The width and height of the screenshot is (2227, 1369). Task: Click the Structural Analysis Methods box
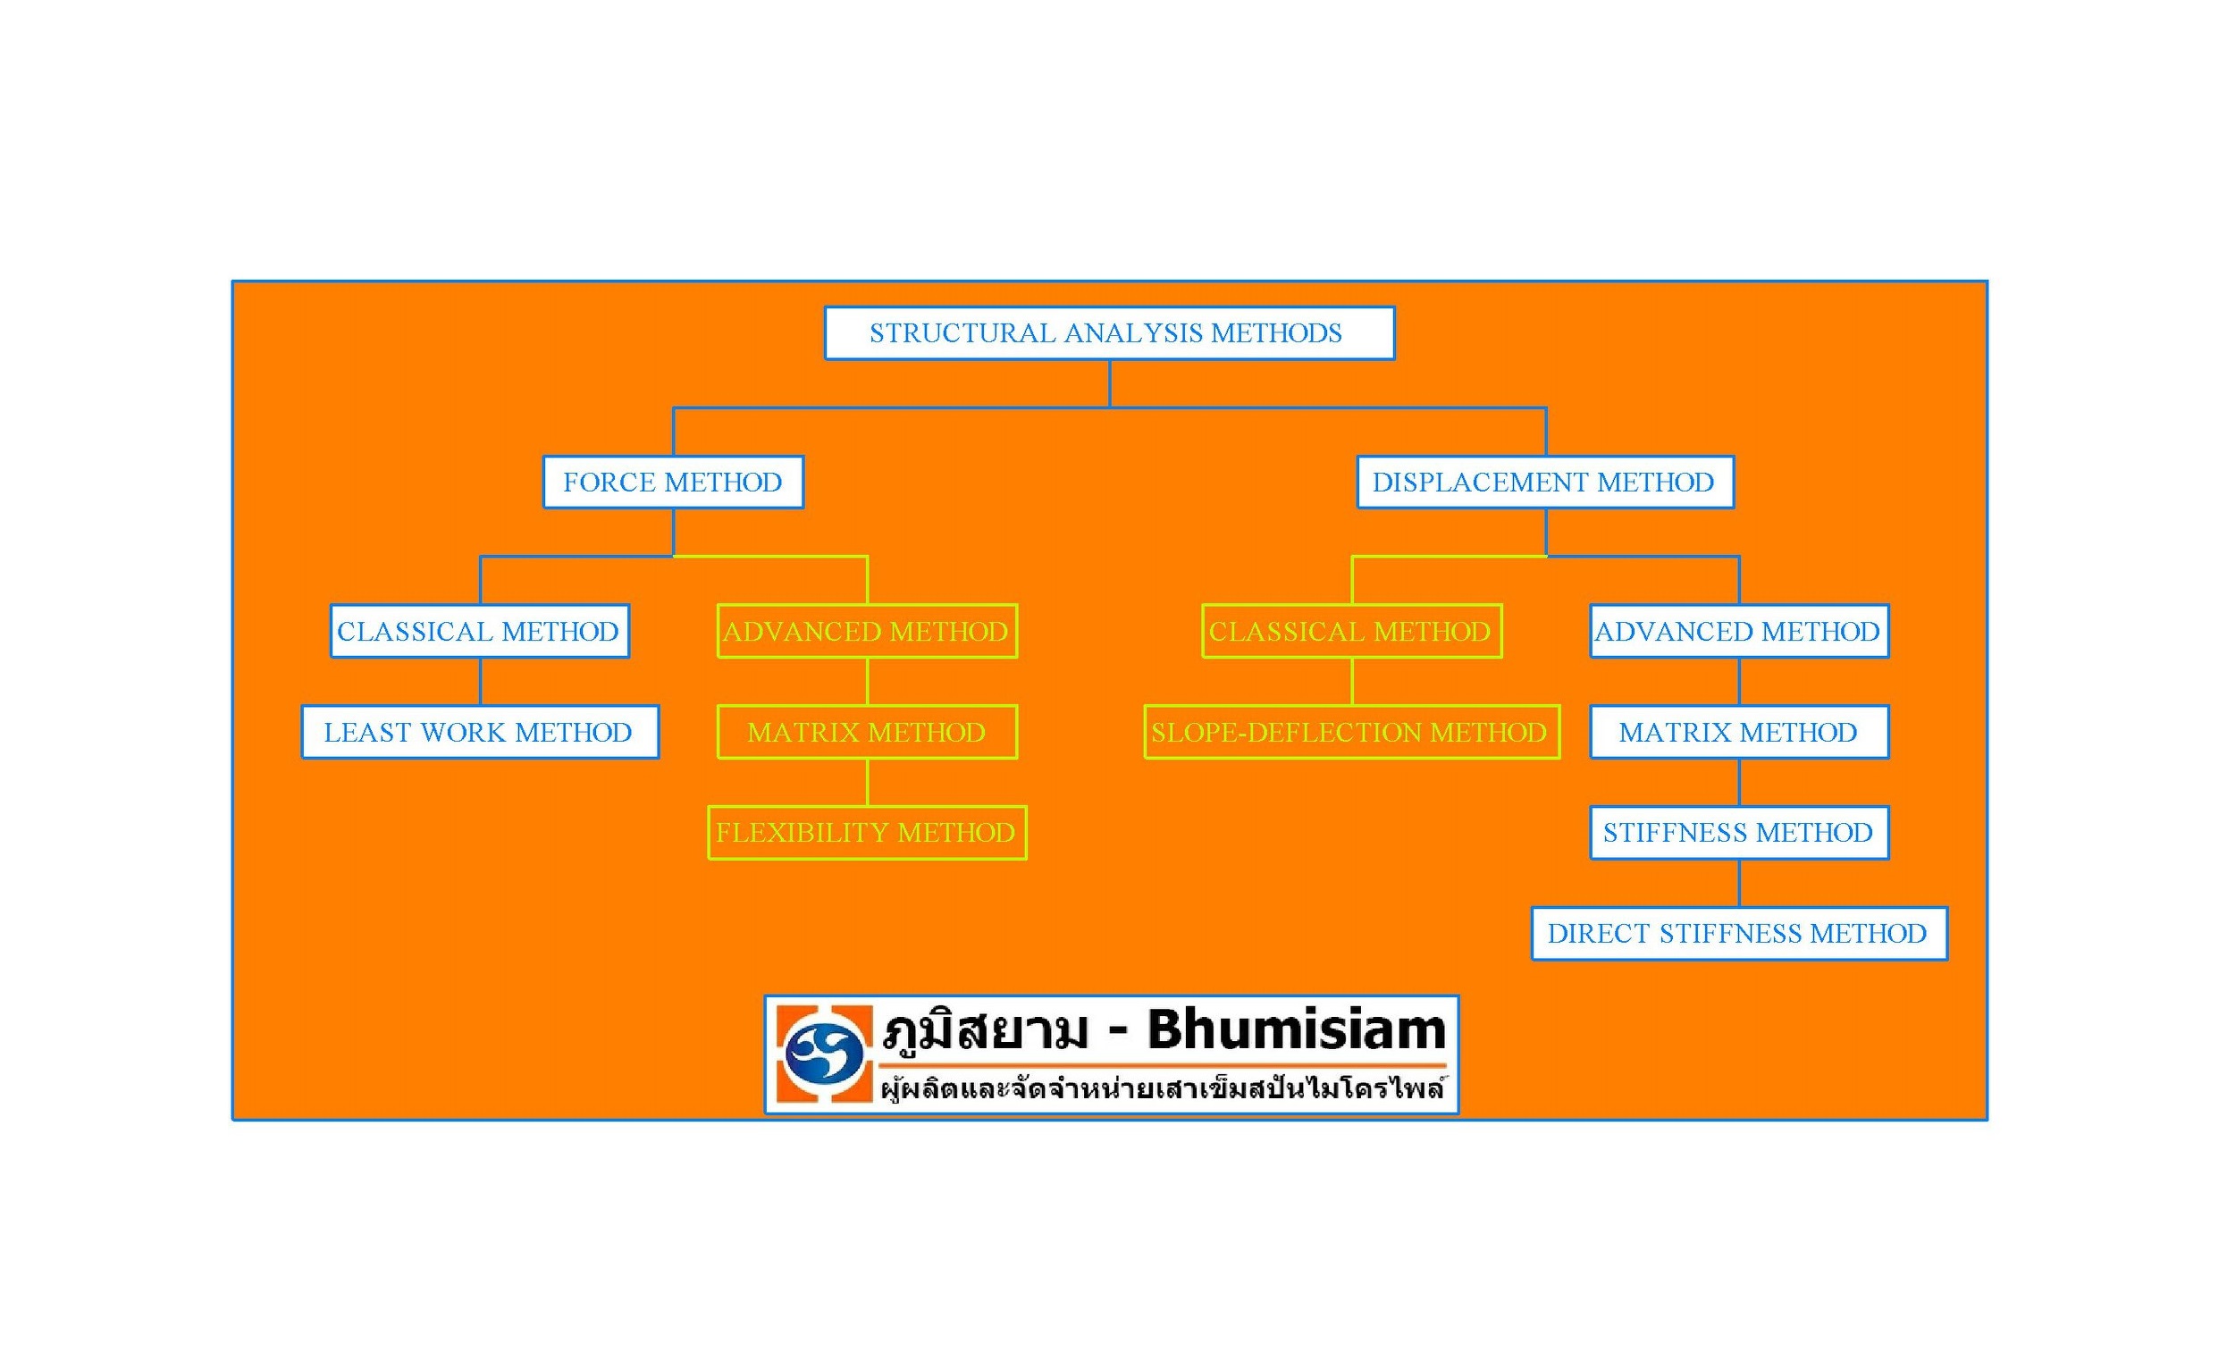[1109, 333]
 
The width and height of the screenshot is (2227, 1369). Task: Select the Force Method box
[673, 482]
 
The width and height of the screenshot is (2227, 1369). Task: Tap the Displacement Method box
[1545, 482]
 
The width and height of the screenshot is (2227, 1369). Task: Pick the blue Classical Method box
[480, 631]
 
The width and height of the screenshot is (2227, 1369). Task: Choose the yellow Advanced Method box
[867, 631]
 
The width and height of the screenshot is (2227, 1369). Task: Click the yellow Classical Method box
[1351, 631]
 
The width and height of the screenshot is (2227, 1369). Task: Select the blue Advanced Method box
[1739, 631]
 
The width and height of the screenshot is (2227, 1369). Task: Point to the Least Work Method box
[480, 732]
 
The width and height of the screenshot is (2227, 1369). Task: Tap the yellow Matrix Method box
[867, 732]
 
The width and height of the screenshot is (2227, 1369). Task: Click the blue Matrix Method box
[1739, 732]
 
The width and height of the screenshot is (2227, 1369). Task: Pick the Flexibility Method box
[867, 833]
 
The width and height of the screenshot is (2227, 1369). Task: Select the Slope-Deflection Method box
[1351, 732]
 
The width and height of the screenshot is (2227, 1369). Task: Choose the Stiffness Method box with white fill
[1739, 833]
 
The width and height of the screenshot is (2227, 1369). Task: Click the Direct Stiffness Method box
[1739, 934]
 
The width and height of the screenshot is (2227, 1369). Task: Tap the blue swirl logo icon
[823, 1054]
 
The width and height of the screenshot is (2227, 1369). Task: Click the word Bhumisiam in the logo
[1297, 1029]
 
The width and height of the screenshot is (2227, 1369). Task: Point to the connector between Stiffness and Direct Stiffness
[1739, 884]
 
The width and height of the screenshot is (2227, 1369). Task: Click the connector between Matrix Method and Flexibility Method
[867, 782]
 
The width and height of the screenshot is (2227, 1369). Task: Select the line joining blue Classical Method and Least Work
[480, 682]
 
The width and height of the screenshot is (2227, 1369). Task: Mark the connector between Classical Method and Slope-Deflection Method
[1351, 682]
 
